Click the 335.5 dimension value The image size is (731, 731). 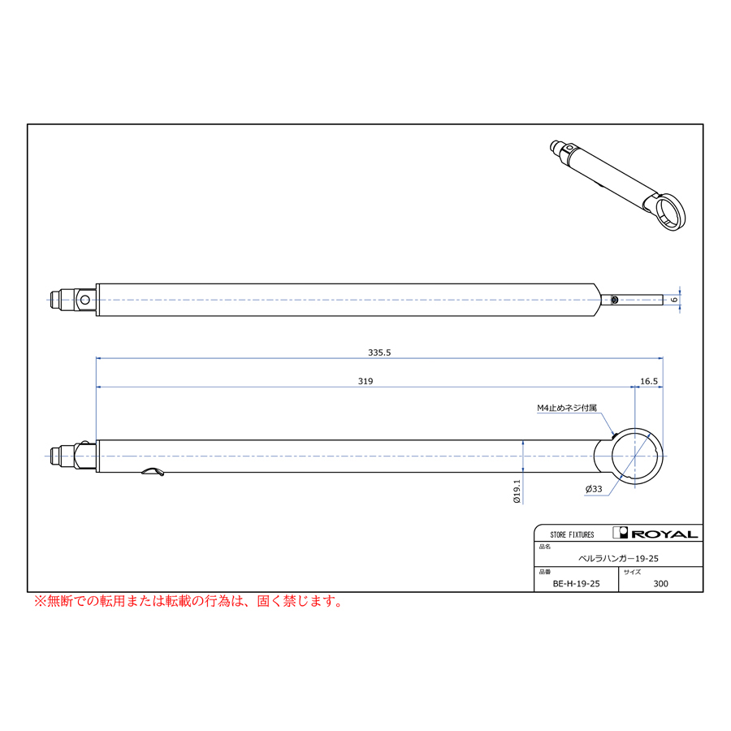[x=379, y=353]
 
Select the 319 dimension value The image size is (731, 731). [x=365, y=382]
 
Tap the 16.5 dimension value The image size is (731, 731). [x=648, y=382]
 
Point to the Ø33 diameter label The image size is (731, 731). [x=594, y=489]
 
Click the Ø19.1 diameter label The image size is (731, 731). [x=517, y=491]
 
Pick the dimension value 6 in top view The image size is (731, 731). [x=674, y=299]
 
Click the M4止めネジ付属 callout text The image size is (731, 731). [x=566, y=408]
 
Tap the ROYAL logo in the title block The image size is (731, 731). [x=655, y=533]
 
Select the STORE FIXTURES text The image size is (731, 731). [x=572, y=534]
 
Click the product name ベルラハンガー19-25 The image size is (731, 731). [x=618, y=559]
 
